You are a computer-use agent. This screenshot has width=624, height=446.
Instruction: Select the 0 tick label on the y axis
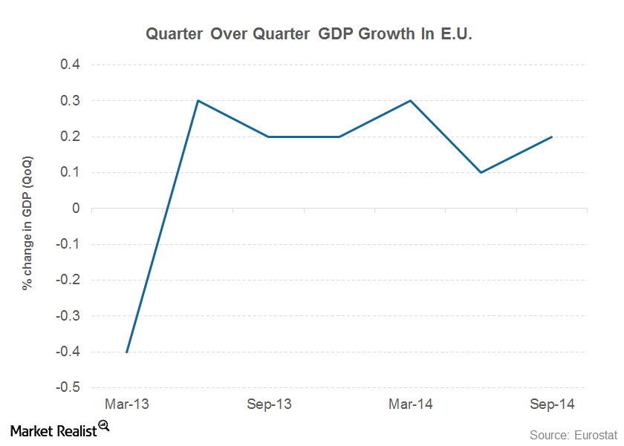point(76,209)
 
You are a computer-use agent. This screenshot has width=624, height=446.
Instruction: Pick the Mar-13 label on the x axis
point(127,404)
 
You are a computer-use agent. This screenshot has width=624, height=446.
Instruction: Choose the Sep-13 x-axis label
point(268,404)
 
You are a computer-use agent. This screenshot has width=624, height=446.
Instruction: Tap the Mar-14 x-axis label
point(410,404)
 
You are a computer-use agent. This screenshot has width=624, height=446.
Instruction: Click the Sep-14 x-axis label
point(551,404)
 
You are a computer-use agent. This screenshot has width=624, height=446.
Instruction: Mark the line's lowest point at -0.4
point(127,352)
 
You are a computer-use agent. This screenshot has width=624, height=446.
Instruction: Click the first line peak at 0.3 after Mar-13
point(198,100)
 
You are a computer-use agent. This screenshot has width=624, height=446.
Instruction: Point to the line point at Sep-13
point(268,137)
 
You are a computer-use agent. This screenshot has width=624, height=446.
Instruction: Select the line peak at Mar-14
point(410,100)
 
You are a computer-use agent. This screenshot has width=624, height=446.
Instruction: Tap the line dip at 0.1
point(481,172)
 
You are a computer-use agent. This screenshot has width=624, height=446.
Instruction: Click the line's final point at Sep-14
point(551,137)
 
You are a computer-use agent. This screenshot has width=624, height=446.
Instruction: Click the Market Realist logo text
point(52,430)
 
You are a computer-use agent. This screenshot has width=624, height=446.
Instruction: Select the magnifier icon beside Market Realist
point(104,425)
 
